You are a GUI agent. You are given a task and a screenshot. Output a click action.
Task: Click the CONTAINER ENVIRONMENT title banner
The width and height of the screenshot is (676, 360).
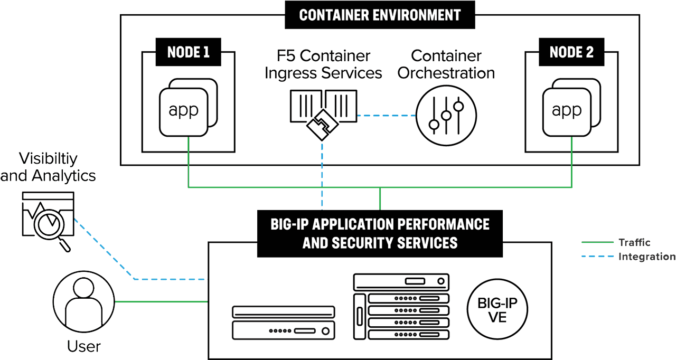[x=380, y=15]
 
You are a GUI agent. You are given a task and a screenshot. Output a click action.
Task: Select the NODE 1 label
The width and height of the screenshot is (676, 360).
[x=188, y=52]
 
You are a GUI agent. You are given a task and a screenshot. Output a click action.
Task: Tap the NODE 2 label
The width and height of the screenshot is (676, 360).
[x=571, y=52]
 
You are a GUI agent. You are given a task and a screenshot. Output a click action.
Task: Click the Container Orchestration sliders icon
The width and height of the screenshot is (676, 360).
[x=446, y=116]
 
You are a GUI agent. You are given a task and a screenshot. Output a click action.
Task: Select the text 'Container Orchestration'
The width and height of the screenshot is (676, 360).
[x=446, y=64]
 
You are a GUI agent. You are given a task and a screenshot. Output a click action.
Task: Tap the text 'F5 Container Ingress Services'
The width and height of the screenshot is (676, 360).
[x=323, y=64]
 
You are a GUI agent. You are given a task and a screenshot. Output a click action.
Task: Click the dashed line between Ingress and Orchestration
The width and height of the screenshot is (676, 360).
[x=386, y=115]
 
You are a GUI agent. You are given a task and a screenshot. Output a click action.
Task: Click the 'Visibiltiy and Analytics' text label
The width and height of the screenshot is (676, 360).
[x=48, y=167]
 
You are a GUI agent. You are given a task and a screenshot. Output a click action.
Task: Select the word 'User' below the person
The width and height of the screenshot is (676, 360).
[x=83, y=346]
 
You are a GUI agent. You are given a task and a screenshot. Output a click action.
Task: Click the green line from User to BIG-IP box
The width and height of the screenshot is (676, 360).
[x=161, y=301]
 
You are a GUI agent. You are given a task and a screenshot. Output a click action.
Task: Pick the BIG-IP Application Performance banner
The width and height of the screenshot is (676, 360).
[x=380, y=233]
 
